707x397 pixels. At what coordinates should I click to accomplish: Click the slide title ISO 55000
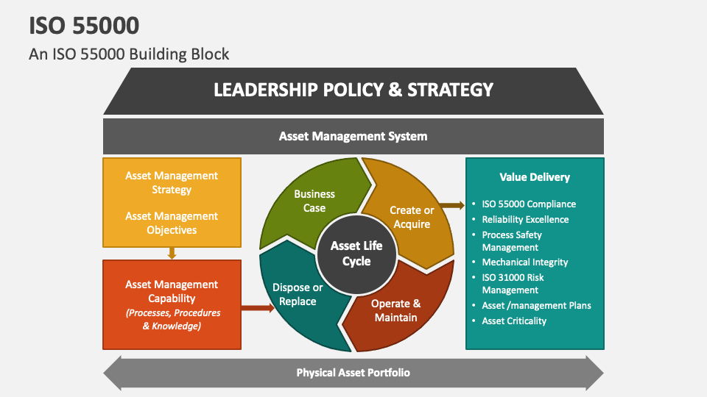click(84, 26)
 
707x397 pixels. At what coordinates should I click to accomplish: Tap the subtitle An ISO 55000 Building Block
click(129, 54)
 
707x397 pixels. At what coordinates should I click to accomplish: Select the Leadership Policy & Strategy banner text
click(353, 90)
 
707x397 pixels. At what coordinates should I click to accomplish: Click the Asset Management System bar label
click(353, 136)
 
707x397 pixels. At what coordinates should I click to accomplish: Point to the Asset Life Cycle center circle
click(356, 252)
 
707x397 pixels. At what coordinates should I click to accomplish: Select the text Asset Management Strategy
click(172, 182)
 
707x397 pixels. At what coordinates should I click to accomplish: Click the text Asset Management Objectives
click(172, 223)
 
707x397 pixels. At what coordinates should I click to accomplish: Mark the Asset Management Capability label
click(172, 291)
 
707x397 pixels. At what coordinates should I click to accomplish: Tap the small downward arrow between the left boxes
click(172, 253)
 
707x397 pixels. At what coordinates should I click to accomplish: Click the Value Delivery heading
click(535, 176)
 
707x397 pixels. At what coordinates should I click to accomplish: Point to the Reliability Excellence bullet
click(525, 219)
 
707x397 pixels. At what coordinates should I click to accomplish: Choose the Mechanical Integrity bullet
click(525, 262)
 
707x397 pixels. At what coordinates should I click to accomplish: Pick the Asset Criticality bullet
click(514, 321)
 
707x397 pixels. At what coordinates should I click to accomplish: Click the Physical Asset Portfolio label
click(353, 373)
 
